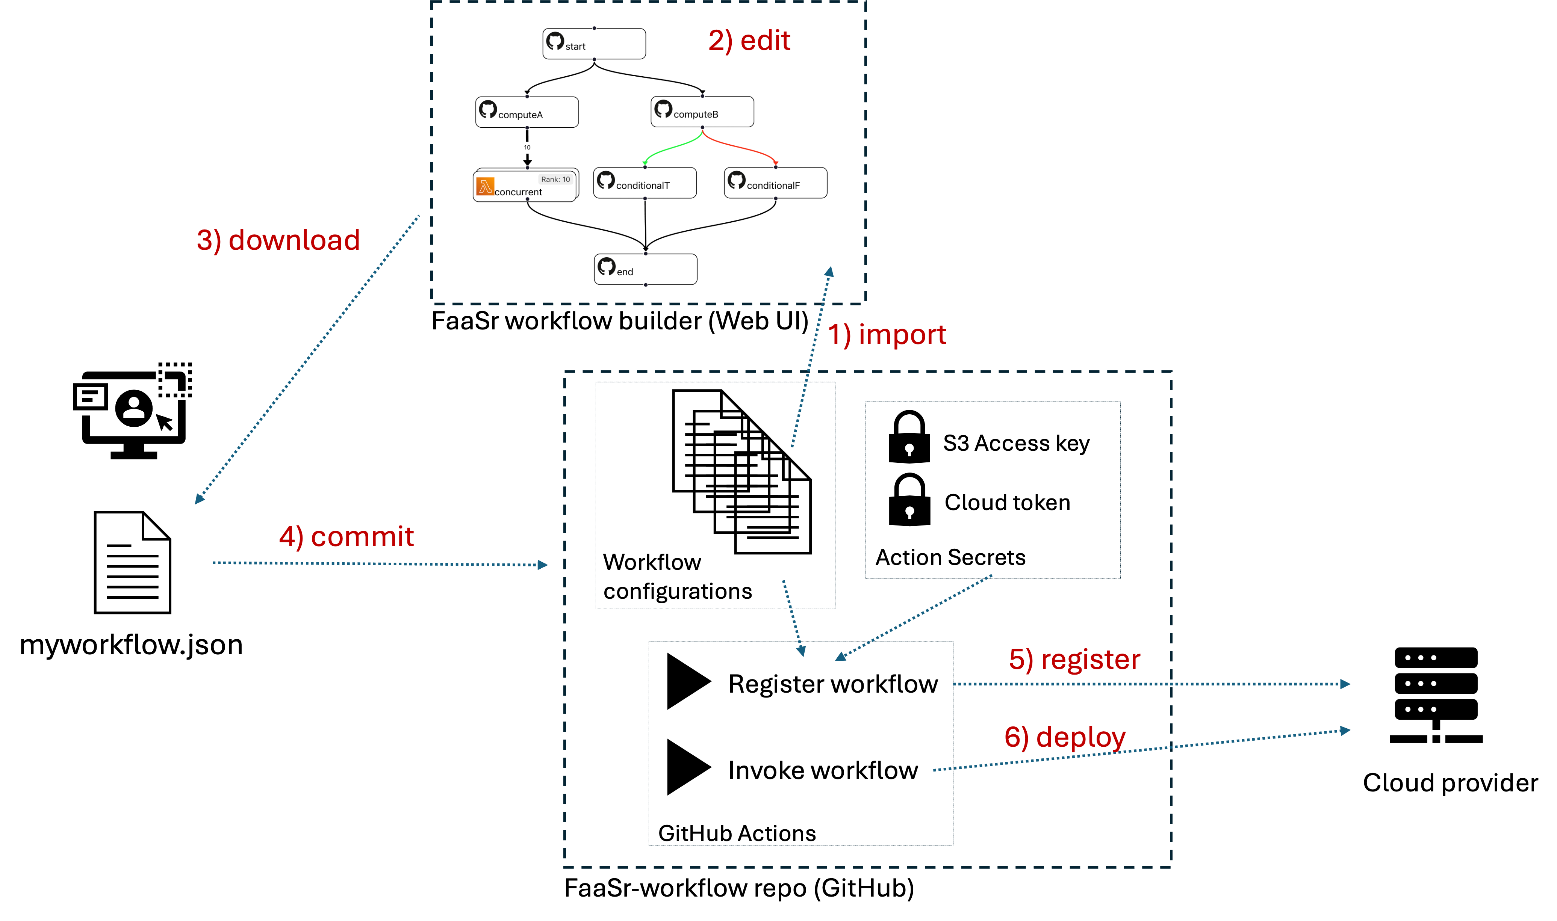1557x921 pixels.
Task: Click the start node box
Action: pyautogui.click(x=594, y=44)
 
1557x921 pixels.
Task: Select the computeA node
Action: pyautogui.click(x=527, y=112)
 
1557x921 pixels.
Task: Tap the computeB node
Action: pyautogui.click(x=702, y=112)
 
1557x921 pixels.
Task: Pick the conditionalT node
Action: pyautogui.click(x=645, y=183)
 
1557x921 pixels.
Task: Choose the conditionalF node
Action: pyautogui.click(x=775, y=183)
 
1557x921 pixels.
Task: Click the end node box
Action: pyautogui.click(x=646, y=269)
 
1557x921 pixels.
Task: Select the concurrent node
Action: pyautogui.click(x=525, y=186)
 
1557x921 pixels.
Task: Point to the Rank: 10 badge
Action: pyautogui.click(x=555, y=180)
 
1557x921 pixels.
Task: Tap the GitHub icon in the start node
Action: pyautogui.click(x=555, y=41)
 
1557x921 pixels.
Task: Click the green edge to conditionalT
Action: pyautogui.click(x=670, y=147)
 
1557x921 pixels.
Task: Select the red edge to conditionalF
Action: pyautogui.click(x=742, y=147)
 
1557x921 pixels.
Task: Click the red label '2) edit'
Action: pyautogui.click(x=749, y=41)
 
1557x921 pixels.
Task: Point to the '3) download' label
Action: pyautogui.click(x=278, y=240)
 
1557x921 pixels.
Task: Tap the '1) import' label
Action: pyautogui.click(x=887, y=335)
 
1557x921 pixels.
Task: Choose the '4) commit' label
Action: pyautogui.click(x=347, y=537)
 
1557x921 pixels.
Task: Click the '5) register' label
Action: pyautogui.click(x=1074, y=660)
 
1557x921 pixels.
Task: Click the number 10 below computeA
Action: pyautogui.click(x=527, y=148)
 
